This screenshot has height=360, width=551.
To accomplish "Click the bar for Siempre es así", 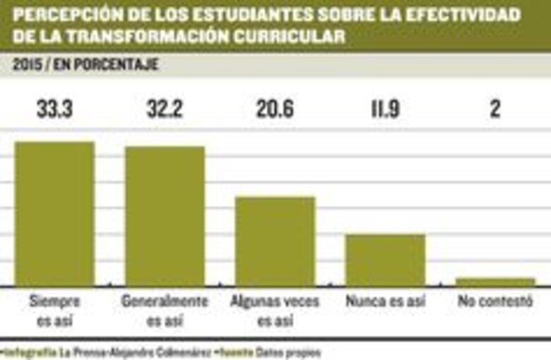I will click(x=54, y=214).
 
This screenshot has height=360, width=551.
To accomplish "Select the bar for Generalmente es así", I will click(x=165, y=216).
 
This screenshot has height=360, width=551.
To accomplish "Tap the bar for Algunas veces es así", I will click(x=275, y=241).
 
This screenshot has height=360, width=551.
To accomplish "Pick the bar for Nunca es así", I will click(x=385, y=260).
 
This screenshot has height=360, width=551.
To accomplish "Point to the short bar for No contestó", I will click(x=495, y=281).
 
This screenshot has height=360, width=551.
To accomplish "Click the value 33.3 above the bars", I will click(x=54, y=109).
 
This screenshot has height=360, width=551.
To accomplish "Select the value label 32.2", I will click(x=165, y=109).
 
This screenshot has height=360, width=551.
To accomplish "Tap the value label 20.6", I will click(x=275, y=109).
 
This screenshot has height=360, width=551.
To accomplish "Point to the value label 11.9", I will click(x=385, y=109).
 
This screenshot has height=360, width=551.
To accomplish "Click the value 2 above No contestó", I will click(x=495, y=109).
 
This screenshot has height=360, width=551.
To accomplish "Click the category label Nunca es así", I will click(x=385, y=301).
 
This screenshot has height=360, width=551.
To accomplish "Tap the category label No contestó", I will click(x=494, y=301).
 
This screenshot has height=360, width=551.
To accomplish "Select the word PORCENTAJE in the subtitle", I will click(x=120, y=65).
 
